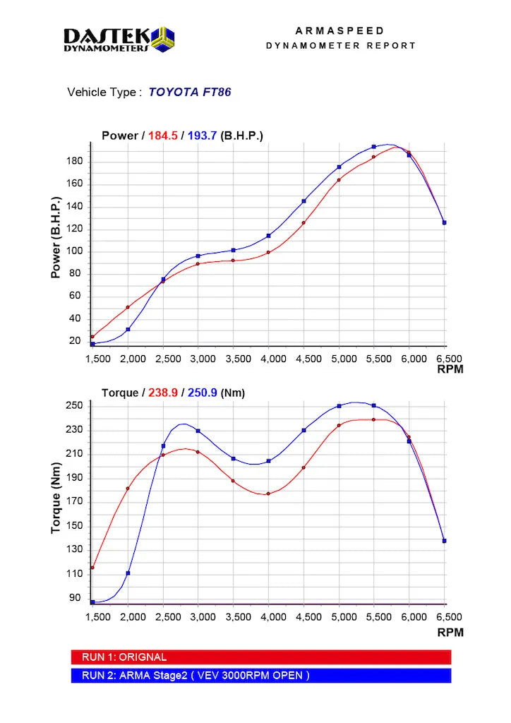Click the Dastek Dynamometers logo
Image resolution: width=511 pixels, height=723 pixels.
pos(119,39)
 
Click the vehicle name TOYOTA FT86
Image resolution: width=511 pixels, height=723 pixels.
pos(190,92)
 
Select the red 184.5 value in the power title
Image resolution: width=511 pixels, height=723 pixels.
pos(161,136)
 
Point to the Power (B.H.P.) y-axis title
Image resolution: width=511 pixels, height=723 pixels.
pos(56,237)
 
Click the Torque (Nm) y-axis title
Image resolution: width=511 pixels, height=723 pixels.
pos(56,502)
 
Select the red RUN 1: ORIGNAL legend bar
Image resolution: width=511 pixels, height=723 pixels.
pos(261,657)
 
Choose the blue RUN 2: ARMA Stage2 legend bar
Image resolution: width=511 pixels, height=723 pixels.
pos(261,675)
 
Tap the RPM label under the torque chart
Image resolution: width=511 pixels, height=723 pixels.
pos(450,633)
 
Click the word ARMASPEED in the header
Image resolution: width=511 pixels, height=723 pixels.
pos(340,31)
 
